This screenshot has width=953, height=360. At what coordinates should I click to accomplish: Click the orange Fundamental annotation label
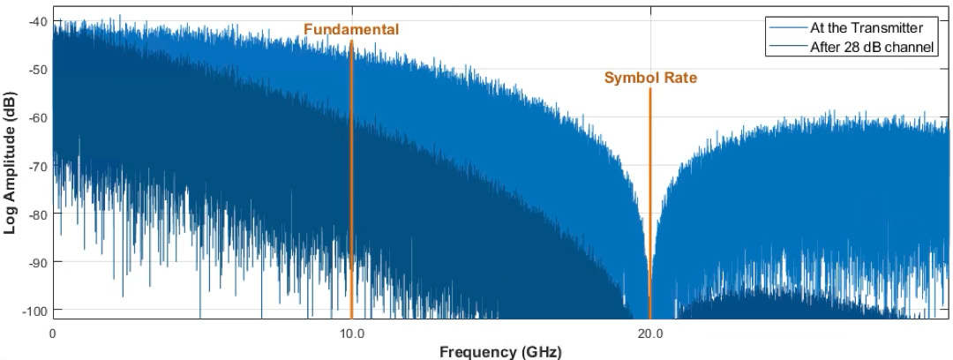351,29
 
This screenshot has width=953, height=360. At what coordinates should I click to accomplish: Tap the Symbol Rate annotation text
650,78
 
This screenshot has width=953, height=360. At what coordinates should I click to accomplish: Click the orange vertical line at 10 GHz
351,176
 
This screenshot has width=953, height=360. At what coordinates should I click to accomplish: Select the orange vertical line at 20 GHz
650,203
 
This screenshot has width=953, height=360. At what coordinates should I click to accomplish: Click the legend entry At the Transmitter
866,27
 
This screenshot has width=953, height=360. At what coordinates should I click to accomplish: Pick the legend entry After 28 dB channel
872,47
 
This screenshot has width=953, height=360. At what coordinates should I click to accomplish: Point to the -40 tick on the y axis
38,21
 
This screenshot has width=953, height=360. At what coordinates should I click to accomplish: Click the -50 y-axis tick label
38,70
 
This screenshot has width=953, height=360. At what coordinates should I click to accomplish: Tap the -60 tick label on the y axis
38,117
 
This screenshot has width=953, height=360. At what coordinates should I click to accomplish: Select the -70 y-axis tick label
38,166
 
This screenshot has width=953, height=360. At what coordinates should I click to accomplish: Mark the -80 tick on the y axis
38,214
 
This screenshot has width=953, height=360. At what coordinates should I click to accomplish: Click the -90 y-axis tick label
38,262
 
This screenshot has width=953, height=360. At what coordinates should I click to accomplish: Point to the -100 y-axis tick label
35,311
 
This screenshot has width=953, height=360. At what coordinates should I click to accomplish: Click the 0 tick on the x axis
53,334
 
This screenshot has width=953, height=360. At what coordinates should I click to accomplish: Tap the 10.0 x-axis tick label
351,334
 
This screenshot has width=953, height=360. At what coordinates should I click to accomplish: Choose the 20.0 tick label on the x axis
650,334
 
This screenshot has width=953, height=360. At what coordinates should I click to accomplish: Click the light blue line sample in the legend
788,27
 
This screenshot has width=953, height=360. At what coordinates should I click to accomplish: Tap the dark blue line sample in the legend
788,47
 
